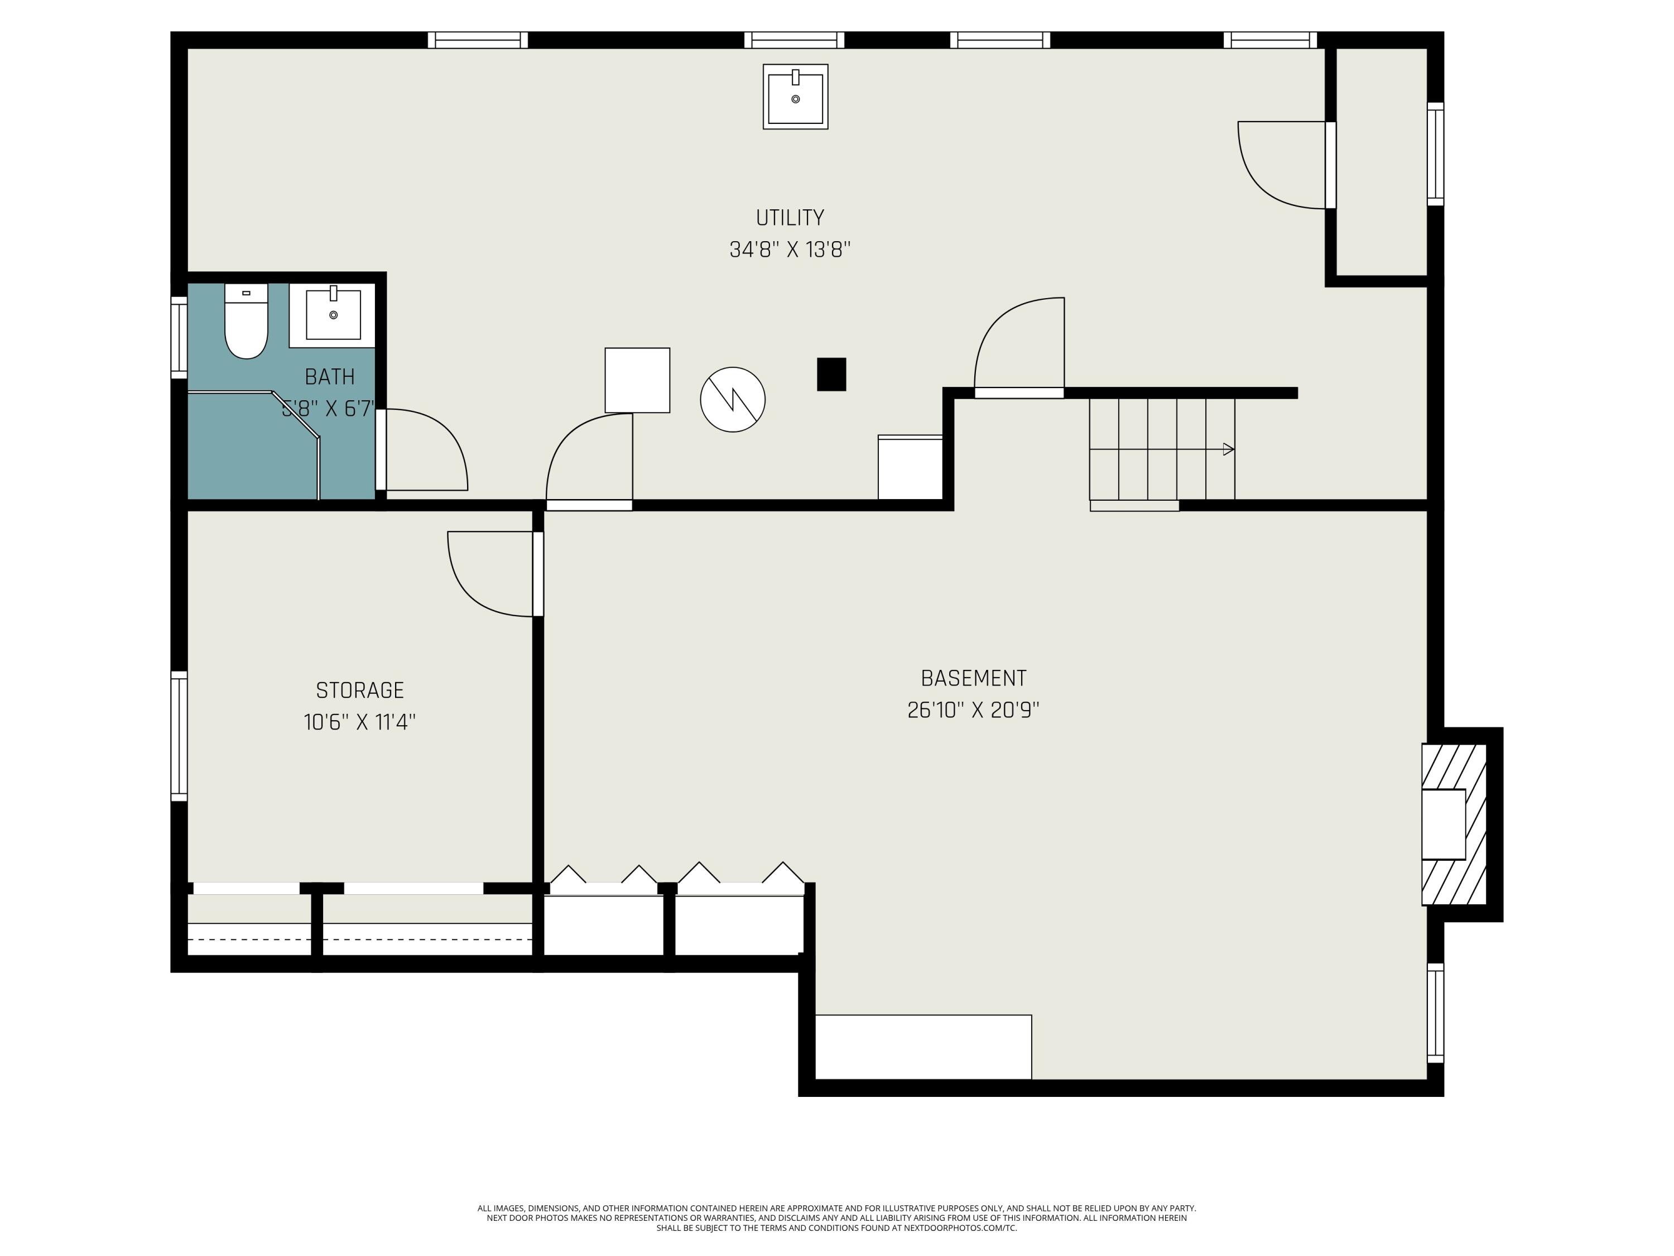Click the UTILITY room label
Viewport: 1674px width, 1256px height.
click(790, 218)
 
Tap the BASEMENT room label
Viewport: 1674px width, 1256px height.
click(973, 678)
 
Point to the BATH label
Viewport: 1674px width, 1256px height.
click(329, 376)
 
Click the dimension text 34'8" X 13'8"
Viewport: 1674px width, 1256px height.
click(790, 250)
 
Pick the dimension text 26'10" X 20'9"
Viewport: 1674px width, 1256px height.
click(973, 710)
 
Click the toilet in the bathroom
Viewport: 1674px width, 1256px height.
click(246, 321)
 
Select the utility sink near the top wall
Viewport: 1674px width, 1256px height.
click(795, 97)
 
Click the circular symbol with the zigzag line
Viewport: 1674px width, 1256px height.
click(733, 400)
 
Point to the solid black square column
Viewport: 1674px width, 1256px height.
click(831, 374)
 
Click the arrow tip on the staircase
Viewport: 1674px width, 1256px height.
click(1234, 450)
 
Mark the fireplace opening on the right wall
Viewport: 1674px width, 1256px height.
click(1443, 824)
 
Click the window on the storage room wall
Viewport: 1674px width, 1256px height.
click(179, 736)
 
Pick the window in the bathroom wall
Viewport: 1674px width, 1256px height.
click(179, 337)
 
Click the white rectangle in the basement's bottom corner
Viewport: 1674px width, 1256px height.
click(923, 1047)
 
